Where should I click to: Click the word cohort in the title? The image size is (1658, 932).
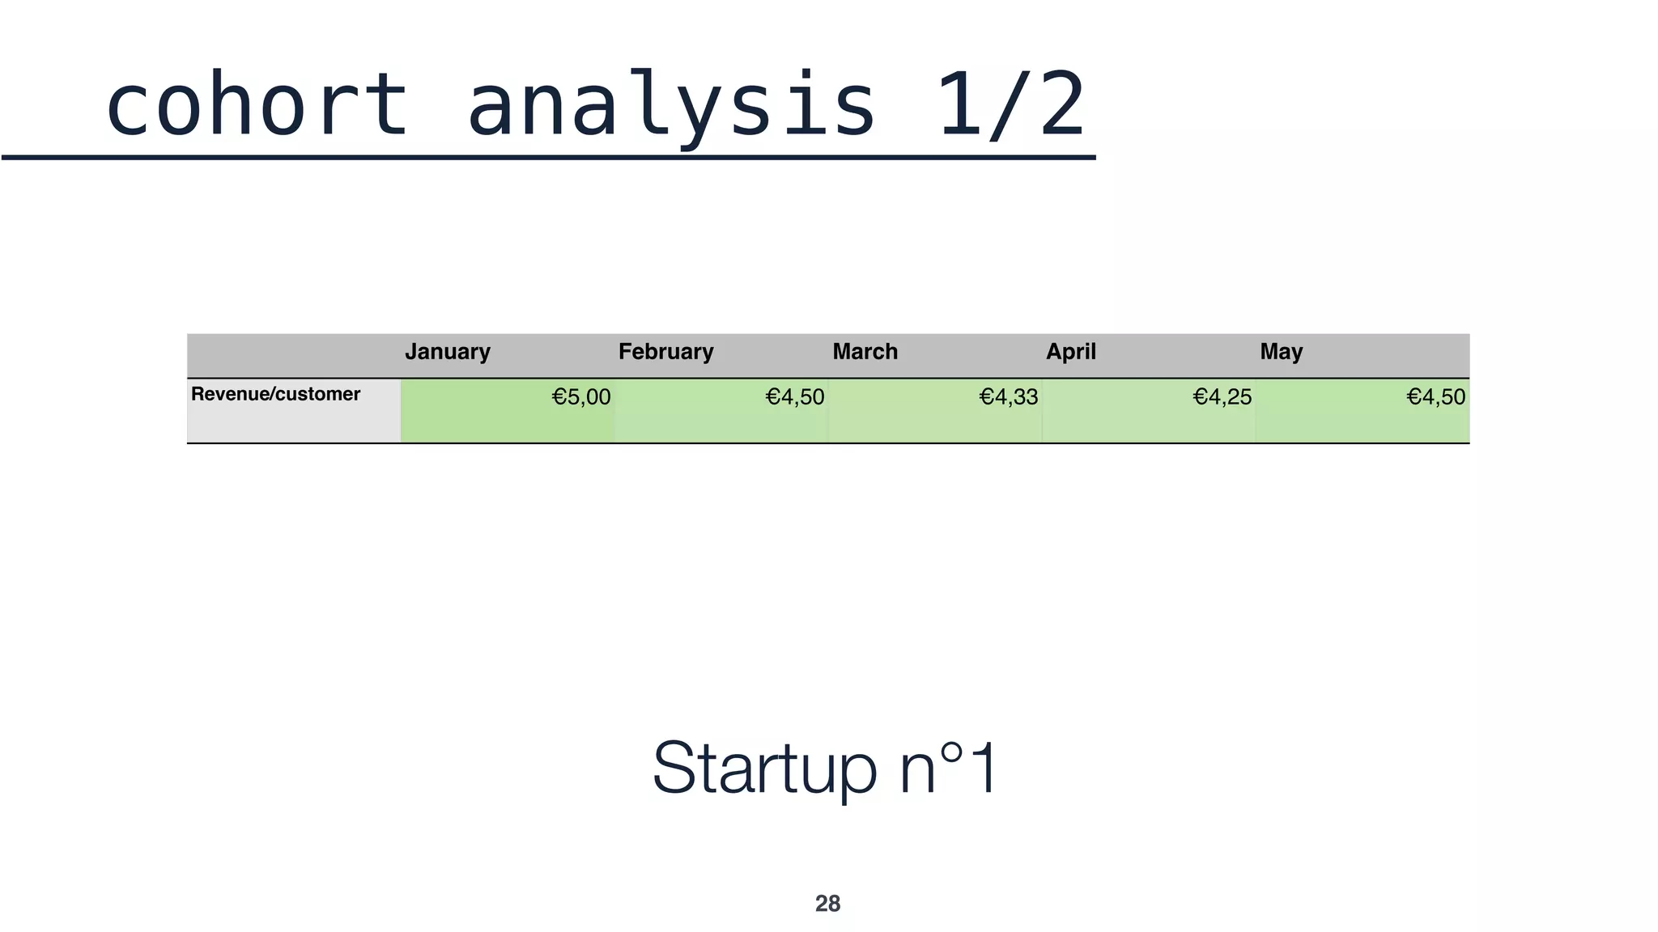coord(257,105)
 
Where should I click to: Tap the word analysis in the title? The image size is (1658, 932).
coord(672,105)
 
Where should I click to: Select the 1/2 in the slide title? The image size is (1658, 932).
coord(1010,105)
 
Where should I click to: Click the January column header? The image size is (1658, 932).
coord(448,352)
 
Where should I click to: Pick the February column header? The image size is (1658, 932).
coord(665,352)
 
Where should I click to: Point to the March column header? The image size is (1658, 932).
coord(865,352)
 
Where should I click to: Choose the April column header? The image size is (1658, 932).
coord(1070,352)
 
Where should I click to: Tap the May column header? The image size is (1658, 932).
coord(1281,352)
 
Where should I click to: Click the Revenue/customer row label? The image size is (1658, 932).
coord(275,394)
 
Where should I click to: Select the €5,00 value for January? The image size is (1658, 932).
coord(581,397)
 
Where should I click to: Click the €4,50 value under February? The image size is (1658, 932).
coord(795,397)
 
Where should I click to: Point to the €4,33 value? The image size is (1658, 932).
coord(1009,397)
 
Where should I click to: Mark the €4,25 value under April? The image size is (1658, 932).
coord(1222,397)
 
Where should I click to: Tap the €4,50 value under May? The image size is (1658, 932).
coord(1436,397)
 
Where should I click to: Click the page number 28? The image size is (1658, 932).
coord(827,904)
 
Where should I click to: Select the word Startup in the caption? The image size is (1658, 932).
coord(764,769)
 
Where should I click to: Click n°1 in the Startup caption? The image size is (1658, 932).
coord(949,769)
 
